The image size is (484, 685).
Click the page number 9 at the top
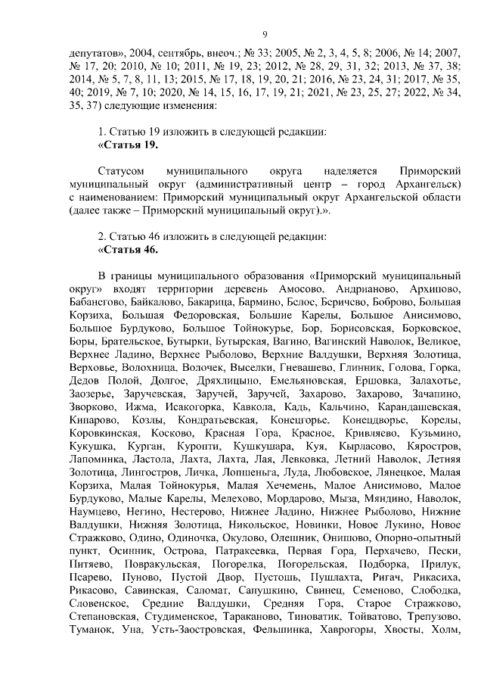click(265, 33)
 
